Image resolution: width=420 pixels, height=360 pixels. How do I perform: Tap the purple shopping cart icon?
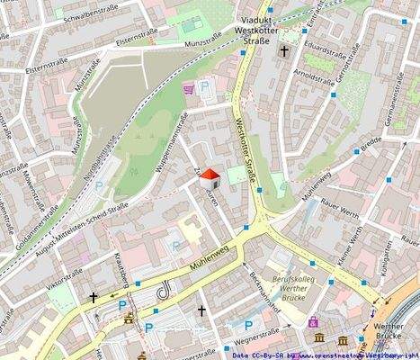pos(189,88)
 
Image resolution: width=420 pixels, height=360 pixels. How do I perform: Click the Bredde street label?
pos(371,145)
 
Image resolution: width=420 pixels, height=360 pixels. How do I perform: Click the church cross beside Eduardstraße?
pos(284,52)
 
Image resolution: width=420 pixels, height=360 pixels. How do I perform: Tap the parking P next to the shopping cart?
pos(205,87)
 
